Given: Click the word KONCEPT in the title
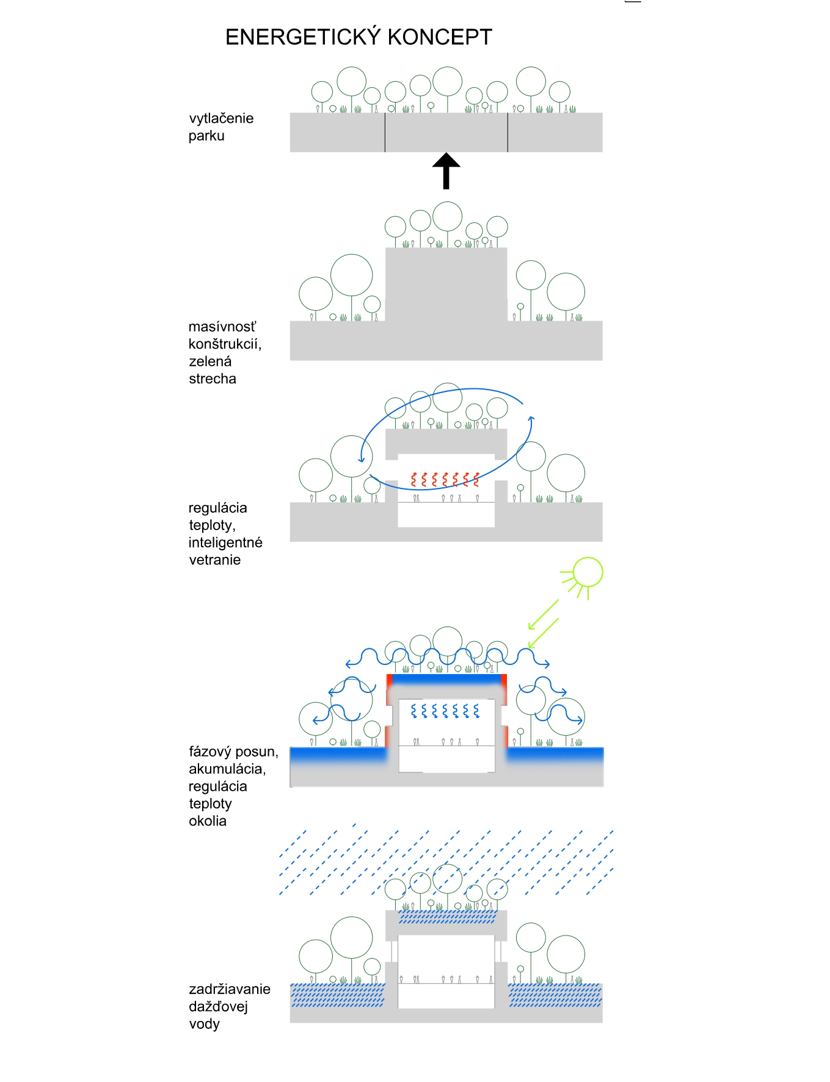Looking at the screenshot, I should pos(440,37).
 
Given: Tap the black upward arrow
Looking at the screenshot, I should pos(446,170).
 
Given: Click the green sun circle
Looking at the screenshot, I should pos(588,572).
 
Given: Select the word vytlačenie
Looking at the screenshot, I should pos(221,118).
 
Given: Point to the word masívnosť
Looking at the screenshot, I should pos(222,327).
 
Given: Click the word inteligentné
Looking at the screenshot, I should pos(225,542).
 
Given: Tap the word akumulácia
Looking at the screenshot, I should pos(227,769).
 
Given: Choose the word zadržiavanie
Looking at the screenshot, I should pos(230,989).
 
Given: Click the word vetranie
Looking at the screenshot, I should pos(215,560).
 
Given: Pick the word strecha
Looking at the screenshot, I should pos(213,379).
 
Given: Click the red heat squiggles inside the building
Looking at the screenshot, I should pos(445,479).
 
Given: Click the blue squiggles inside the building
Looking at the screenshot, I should pos(445,711).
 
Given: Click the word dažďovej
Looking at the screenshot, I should pos(218,1006).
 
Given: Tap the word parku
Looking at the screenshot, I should pos(206,136).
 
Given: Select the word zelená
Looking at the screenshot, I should pos(210,361).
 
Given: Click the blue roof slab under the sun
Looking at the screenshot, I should pos(446,678).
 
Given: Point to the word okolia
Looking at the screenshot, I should pos(208,821).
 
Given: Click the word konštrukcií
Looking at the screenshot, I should pos(225,344).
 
